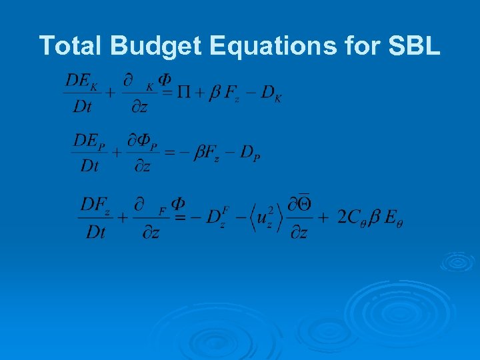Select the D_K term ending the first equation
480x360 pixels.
pos(271,95)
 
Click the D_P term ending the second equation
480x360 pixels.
pos(251,154)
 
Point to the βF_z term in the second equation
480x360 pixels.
pos(209,153)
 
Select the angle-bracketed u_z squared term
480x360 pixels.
pos(257,217)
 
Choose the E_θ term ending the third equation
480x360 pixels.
pos(393,217)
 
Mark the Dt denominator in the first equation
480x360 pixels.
pos(81,106)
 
